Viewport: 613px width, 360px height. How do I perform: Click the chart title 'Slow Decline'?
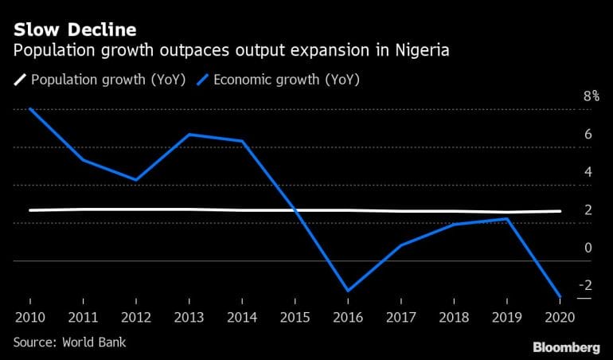pos(74,29)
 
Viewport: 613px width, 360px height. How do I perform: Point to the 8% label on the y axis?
pos(592,96)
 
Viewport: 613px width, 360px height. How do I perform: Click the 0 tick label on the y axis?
pos(588,248)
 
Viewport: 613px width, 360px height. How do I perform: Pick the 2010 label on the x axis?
pos(30,317)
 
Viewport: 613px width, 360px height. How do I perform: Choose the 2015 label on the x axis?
pos(295,317)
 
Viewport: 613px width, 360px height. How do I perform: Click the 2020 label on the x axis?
pos(560,317)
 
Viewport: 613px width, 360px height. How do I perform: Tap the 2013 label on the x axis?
pos(189,317)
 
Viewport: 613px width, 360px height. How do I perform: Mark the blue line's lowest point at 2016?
pos(348,291)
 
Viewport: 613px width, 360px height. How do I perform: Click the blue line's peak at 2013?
pos(189,135)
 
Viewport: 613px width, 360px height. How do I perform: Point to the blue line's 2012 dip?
pos(137,180)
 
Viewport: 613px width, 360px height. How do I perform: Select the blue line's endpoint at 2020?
pos(559,296)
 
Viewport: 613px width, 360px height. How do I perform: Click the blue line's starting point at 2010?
pos(30,108)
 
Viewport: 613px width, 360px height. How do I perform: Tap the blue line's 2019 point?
pos(506,218)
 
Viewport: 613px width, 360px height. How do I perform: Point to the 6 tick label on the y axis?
pos(588,134)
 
